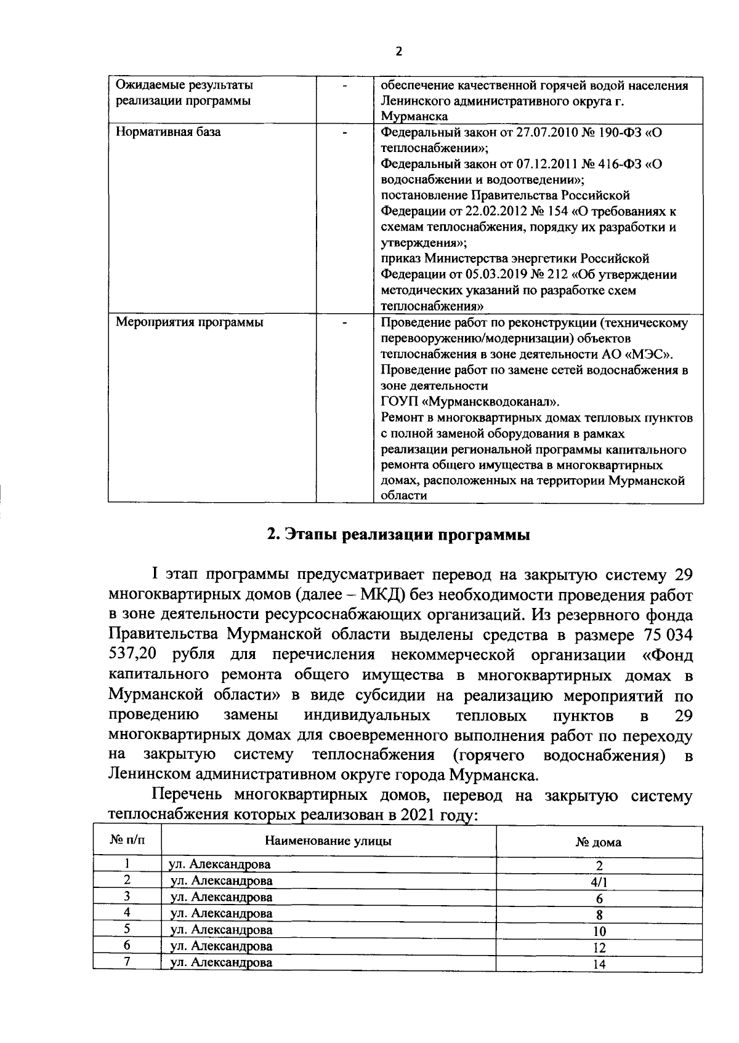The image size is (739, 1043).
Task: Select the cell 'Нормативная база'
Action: [x=169, y=132]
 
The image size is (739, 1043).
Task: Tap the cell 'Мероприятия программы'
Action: [x=190, y=322]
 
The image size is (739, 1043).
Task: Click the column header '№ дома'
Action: [x=598, y=842]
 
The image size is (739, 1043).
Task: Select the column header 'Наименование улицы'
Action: [x=328, y=841]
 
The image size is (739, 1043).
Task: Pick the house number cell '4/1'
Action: [x=598, y=882]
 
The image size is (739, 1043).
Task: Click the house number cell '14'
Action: [x=599, y=964]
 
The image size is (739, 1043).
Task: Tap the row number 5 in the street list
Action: [x=127, y=929]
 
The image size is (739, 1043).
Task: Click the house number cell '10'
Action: [x=599, y=932]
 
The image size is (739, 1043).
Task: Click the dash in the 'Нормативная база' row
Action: [x=345, y=132]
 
